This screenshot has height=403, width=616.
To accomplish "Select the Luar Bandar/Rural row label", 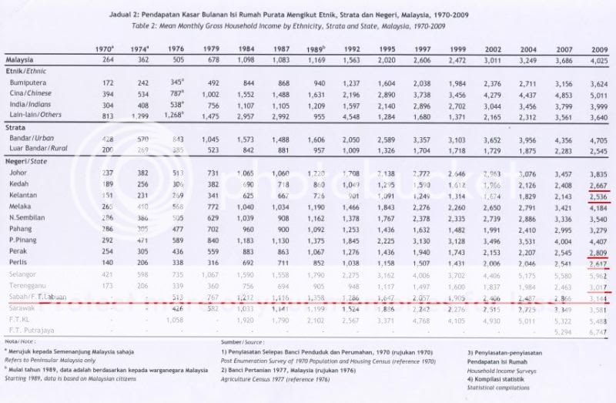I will (x=38, y=152).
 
